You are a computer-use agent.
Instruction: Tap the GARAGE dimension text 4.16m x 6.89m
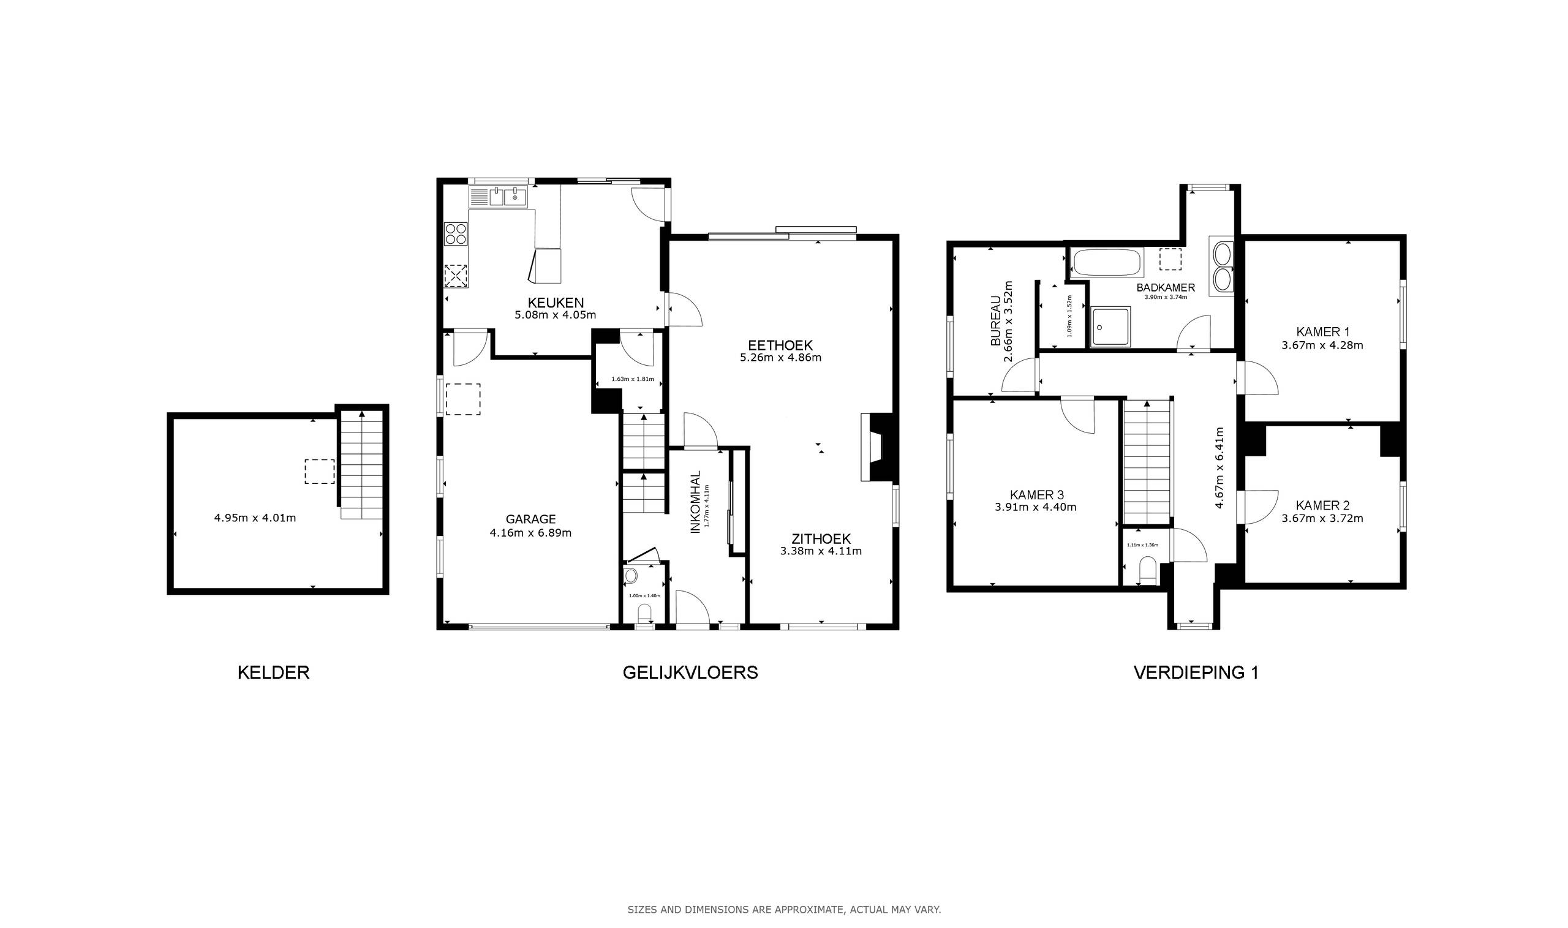point(530,533)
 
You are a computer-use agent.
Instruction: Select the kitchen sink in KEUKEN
point(508,198)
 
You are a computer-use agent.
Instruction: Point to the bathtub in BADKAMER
point(1107,263)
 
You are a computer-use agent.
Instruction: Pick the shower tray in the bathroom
point(1110,326)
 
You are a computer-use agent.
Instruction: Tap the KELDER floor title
point(273,673)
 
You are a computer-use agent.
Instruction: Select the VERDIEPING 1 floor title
point(1196,673)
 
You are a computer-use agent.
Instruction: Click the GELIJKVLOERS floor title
point(690,673)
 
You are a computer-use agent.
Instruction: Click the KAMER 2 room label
point(1322,505)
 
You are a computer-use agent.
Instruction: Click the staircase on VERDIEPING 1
point(1147,460)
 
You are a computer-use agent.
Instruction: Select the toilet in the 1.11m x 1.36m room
point(1148,572)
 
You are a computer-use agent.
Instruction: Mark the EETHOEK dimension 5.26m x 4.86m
point(780,358)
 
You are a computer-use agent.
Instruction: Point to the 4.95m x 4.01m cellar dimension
point(254,518)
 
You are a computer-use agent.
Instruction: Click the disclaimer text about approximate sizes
point(784,910)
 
